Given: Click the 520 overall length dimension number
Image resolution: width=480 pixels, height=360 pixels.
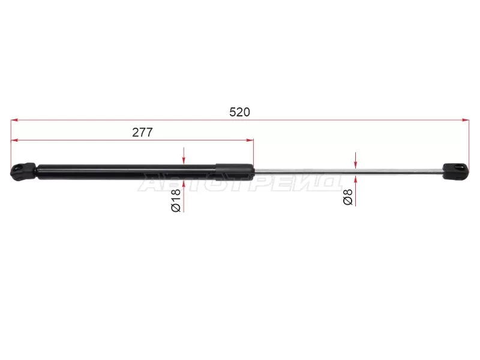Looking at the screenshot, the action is tap(239, 112).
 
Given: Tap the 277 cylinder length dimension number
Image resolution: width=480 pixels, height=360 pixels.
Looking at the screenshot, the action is tap(142, 132).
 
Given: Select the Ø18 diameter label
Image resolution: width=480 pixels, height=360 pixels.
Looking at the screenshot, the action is tap(176, 201).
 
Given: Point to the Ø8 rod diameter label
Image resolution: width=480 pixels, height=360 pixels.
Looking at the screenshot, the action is tap(348, 197).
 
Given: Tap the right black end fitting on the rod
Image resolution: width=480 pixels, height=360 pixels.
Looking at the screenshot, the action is tap(456, 170).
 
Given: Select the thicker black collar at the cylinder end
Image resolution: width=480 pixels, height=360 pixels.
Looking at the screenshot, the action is tap(235, 172).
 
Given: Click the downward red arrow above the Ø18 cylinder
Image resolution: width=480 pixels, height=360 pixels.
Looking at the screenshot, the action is tap(184, 155).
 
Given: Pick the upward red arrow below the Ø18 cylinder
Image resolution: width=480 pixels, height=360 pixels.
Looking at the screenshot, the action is tap(184, 196).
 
